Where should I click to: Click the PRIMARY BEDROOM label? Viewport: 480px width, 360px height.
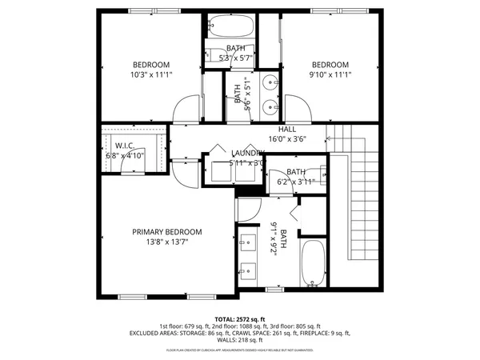pyautogui.click(x=167, y=232)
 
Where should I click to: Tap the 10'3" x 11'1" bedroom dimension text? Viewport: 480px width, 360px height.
pyautogui.click(x=151, y=74)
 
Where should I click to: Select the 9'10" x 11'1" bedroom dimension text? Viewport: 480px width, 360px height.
pyautogui.click(x=330, y=74)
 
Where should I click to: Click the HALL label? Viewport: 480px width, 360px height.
pyautogui.click(x=287, y=129)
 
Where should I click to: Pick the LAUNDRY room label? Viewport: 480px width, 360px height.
pyautogui.click(x=248, y=153)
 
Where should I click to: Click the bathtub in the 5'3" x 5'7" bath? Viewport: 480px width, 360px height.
pyautogui.click(x=230, y=27)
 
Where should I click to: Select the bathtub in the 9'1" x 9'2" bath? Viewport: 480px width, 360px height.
pyautogui.click(x=312, y=262)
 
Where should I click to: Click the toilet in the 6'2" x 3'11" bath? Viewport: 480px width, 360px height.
pyautogui.click(x=322, y=172)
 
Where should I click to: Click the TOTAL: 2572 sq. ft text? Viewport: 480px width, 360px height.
pyautogui.click(x=240, y=318)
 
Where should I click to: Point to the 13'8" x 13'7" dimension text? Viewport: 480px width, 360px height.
pyautogui.click(x=167, y=242)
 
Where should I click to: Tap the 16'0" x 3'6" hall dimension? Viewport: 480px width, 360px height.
pyautogui.click(x=287, y=138)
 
